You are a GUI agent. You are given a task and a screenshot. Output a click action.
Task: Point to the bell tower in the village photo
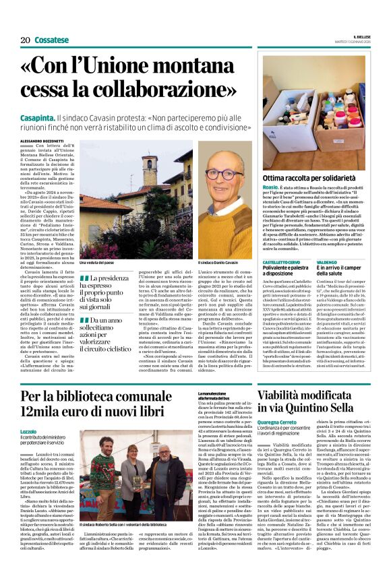pos(148,168)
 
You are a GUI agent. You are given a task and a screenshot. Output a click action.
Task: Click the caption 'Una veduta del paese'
pos(99,261)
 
